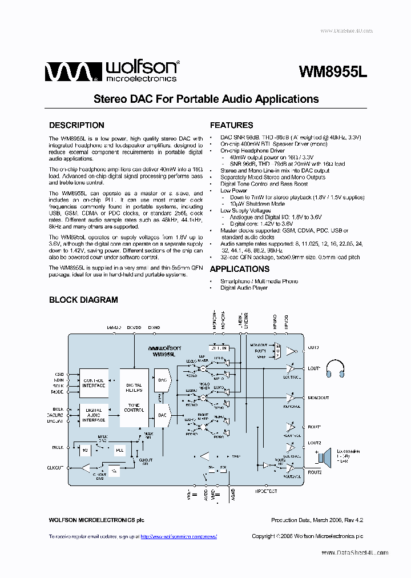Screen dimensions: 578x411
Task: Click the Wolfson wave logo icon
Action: [68, 72]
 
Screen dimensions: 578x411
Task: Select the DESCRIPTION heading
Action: [76, 125]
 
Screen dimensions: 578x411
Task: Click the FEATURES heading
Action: [231, 125]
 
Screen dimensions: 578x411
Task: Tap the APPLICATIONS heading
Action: [239, 269]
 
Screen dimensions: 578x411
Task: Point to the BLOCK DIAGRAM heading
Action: [83, 299]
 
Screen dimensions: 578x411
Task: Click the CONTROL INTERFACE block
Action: [94, 383]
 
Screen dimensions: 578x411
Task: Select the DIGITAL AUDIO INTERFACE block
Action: [94, 415]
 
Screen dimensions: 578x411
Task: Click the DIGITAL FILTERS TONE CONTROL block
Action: [134, 398]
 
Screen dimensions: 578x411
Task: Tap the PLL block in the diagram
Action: [120, 450]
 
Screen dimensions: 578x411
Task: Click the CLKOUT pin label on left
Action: [55, 467]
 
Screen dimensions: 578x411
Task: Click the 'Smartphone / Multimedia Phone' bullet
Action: [259, 281]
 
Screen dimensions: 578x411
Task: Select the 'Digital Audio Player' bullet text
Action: [244, 288]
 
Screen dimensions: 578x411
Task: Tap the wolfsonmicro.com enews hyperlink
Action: [178, 536]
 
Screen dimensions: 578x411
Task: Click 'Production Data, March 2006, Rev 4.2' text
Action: [317, 520]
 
